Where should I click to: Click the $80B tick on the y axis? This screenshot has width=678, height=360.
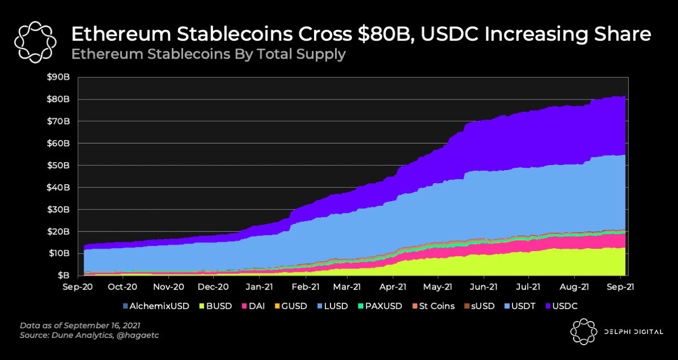point(59,99)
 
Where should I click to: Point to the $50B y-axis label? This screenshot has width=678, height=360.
point(59,166)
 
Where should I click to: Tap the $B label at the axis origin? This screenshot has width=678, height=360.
point(63,276)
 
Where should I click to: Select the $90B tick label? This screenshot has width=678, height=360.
point(59,77)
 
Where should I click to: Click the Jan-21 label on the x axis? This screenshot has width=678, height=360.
point(260,287)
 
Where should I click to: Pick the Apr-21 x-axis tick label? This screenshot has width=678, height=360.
point(394,287)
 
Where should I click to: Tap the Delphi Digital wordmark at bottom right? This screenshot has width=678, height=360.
point(631,332)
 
